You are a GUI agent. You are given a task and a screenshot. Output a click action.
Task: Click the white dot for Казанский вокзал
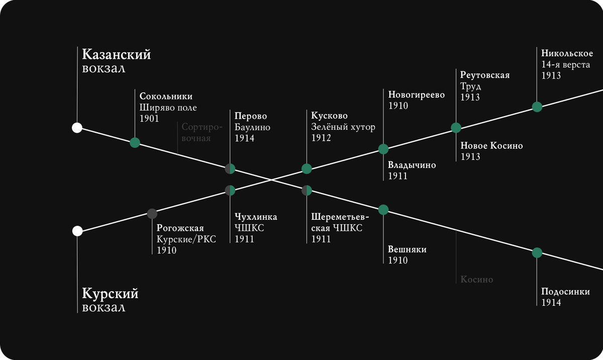point(77,128)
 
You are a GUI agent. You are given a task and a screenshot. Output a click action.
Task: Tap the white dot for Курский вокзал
point(77,231)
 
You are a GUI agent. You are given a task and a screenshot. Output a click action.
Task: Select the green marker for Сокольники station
point(135,142)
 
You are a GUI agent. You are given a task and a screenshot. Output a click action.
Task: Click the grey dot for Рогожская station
point(152,214)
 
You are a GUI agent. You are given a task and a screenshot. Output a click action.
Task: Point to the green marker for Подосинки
point(537,252)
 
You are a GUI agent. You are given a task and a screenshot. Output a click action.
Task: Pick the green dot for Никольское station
point(537,107)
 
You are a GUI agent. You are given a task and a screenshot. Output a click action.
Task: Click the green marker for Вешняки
point(383,210)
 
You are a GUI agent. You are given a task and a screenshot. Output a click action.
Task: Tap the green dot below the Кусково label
point(307,169)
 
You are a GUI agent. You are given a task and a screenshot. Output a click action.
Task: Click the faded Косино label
point(477,280)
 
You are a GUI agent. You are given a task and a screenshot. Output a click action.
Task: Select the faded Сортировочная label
point(196,133)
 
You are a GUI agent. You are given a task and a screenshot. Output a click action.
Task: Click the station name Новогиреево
point(417,95)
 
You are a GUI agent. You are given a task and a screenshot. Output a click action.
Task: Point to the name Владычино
point(412,165)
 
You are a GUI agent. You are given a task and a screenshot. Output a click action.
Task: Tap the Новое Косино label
point(491,146)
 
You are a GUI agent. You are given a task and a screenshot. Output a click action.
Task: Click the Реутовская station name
point(485,75)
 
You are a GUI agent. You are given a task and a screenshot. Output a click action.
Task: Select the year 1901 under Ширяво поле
point(149,119)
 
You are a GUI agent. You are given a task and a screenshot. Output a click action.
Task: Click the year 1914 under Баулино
point(244,138)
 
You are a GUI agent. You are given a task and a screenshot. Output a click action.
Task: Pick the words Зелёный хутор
point(343,127)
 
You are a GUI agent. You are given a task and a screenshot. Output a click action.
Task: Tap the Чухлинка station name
point(256,217)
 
